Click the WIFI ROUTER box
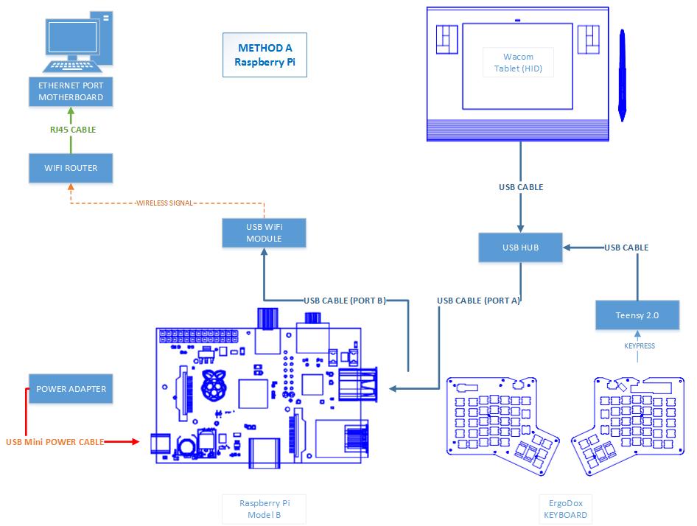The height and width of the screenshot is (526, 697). pos(71,168)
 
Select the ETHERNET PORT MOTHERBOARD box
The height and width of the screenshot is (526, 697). pos(71,92)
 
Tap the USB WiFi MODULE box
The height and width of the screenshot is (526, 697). pos(264,232)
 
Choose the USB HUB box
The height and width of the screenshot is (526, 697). pos(520,248)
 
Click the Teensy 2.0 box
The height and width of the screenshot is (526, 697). pos(637,315)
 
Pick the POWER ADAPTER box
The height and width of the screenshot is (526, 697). pos(71,389)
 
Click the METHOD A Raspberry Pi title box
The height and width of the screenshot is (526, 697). pos(265,55)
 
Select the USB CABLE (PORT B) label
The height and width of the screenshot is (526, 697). pos(345,301)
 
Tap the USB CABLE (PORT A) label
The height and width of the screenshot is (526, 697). pos(478,301)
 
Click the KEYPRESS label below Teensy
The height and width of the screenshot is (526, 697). pos(638,346)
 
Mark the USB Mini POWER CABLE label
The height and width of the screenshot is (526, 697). pos(54,442)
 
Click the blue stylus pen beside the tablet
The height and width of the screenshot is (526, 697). pos(623,74)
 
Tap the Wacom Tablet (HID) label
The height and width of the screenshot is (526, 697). pos(518,63)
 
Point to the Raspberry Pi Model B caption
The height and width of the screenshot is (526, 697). pos(264,509)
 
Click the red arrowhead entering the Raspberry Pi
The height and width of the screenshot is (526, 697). pos(135,442)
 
